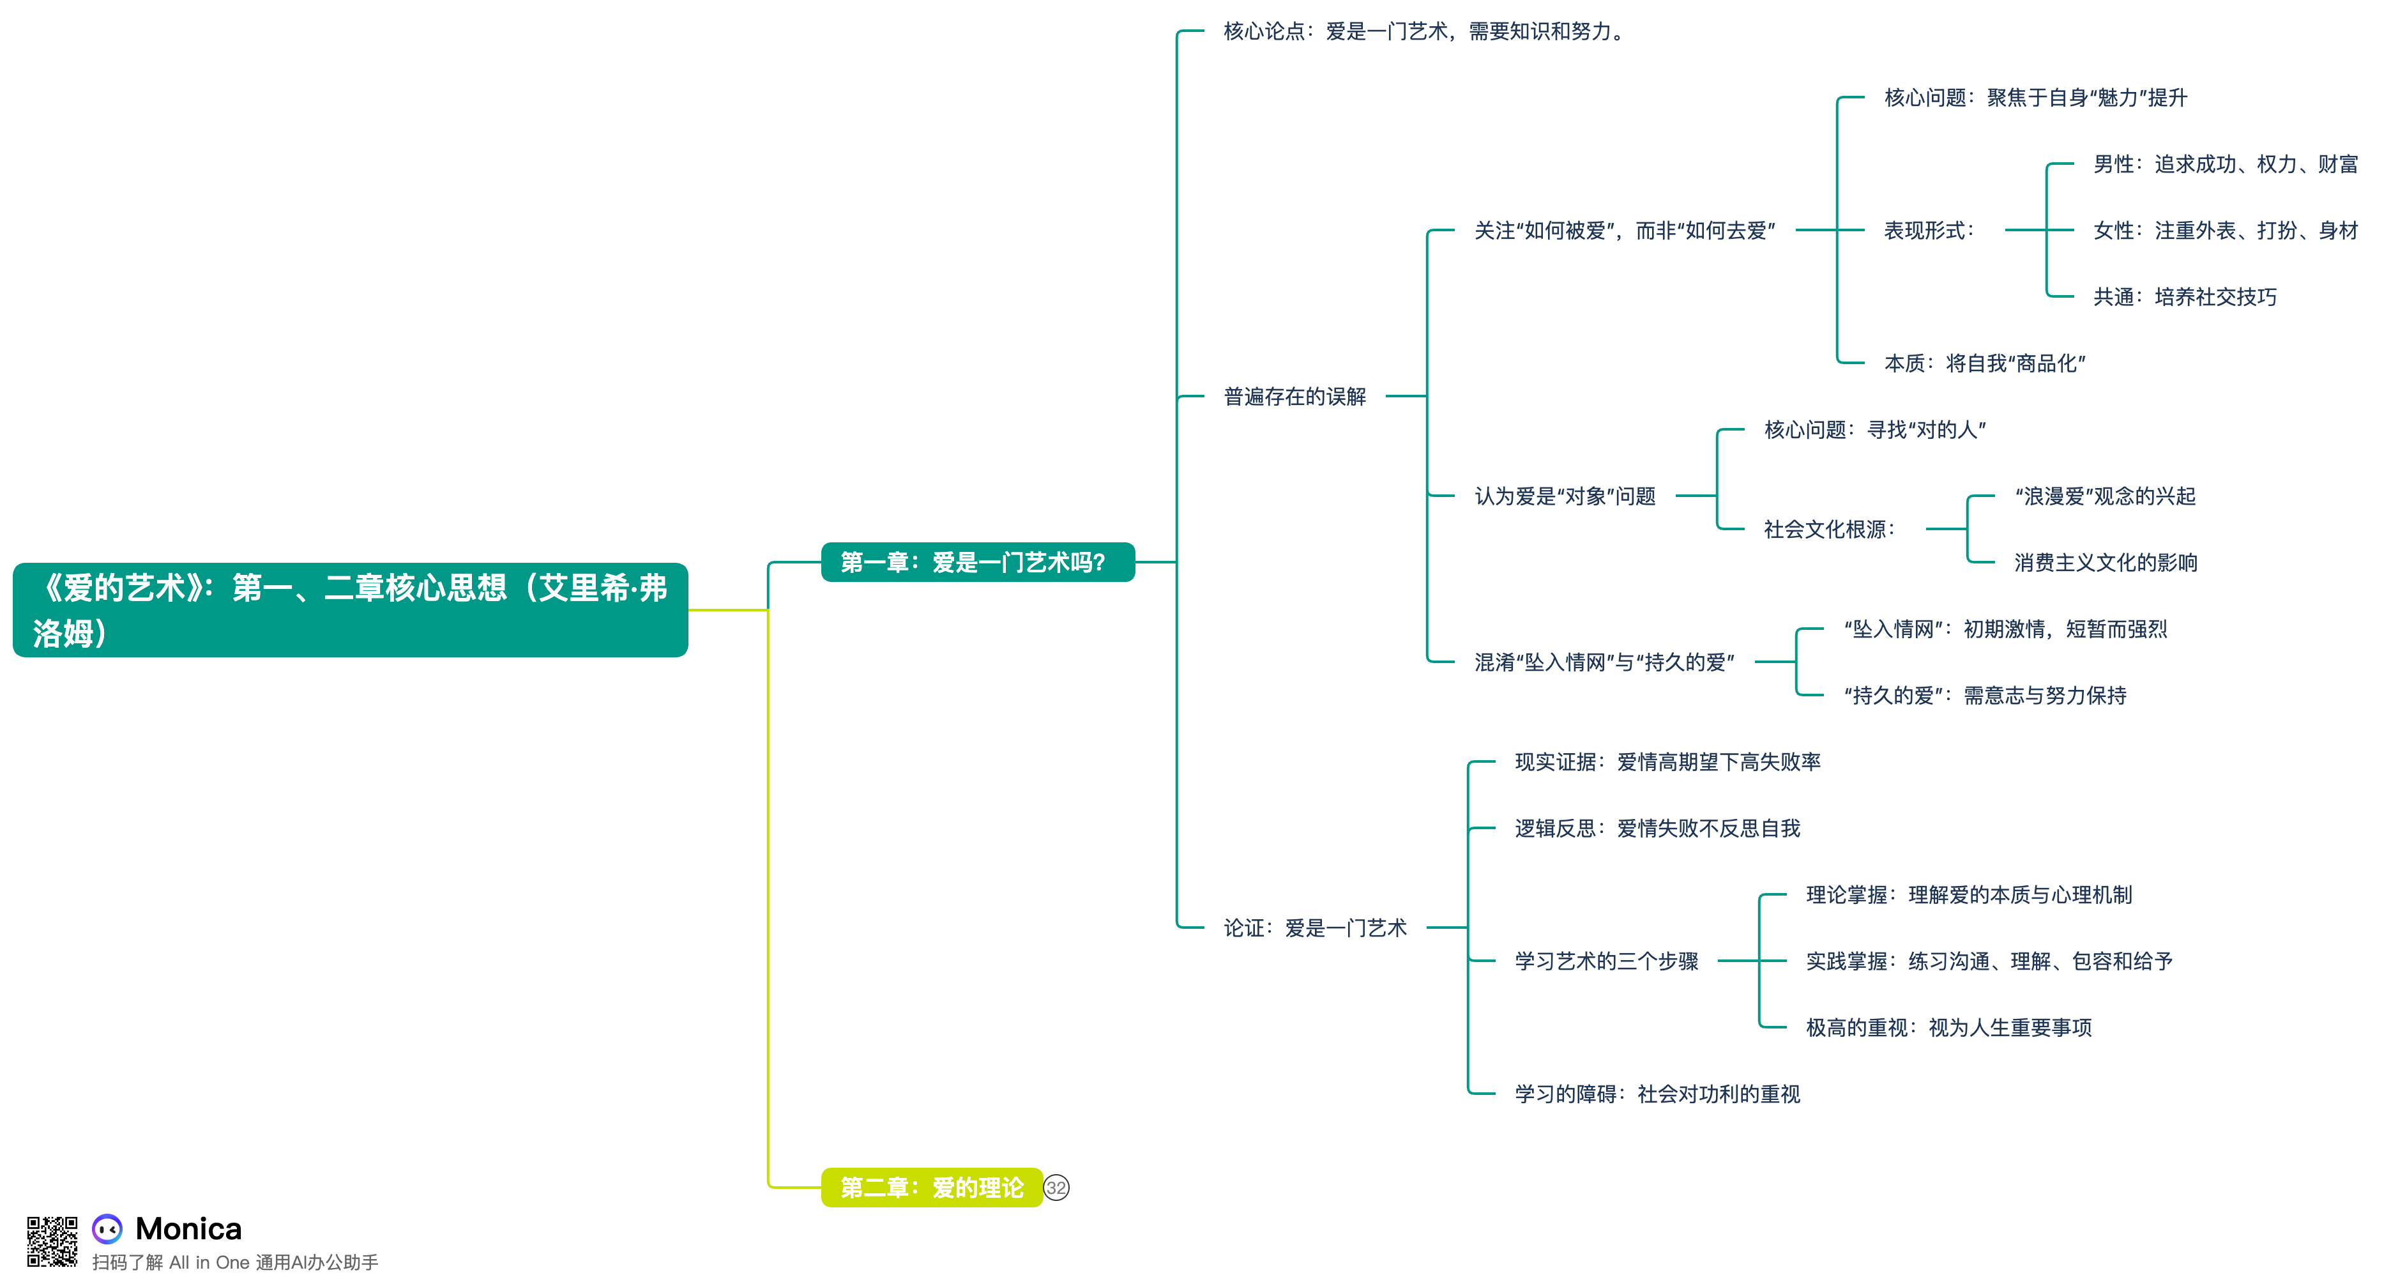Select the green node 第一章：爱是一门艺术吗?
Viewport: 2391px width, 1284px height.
coord(976,562)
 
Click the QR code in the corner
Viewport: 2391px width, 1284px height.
coord(52,1241)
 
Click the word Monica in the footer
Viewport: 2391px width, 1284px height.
coord(188,1228)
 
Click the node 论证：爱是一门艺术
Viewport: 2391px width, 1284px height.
coord(1314,928)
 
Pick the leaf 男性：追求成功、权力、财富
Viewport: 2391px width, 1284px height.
coord(2225,164)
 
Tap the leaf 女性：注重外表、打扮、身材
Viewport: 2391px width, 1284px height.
coord(2225,230)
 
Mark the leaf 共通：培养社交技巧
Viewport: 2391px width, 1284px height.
coord(2184,297)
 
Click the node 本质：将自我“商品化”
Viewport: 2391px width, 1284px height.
coord(1984,363)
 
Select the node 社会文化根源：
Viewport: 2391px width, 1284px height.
coord(1828,529)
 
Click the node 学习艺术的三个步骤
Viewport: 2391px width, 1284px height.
coord(1605,961)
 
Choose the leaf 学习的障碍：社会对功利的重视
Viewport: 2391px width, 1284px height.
coord(1657,1094)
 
